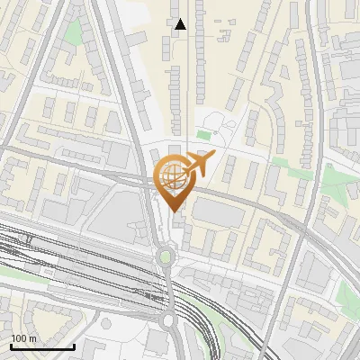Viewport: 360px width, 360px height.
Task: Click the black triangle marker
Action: (180, 24)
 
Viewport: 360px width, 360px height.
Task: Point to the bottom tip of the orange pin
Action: (174, 211)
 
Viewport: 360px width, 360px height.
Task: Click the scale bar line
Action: (42, 347)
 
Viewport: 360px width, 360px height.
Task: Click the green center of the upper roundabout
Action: (165, 257)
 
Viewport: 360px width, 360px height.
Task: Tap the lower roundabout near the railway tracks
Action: (167, 319)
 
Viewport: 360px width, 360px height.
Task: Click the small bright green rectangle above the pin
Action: (203, 136)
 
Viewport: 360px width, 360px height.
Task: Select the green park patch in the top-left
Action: (73, 33)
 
